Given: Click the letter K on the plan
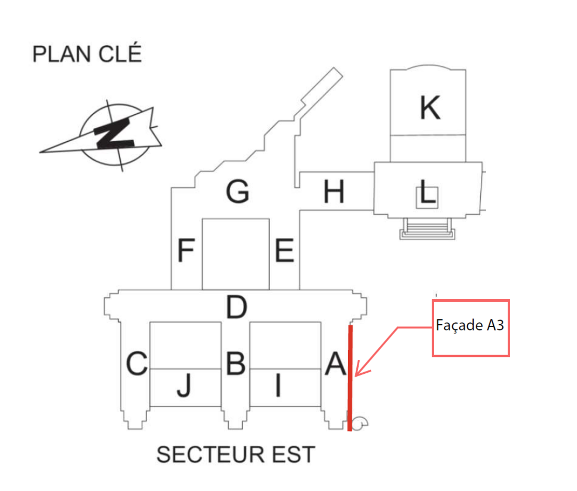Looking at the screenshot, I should click(x=429, y=108).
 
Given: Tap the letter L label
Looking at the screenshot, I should click(x=427, y=193).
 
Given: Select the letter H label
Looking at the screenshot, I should click(x=334, y=192).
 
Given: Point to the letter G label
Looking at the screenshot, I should click(x=238, y=191).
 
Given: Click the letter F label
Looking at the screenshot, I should click(x=186, y=251).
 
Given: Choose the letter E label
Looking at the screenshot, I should click(x=284, y=251).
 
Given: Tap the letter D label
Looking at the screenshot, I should click(x=237, y=307).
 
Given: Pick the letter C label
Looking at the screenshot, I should click(x=137, y=364).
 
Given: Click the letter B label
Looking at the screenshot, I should click(x=236, y=363).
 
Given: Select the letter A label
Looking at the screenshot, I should click(x=335, y=364).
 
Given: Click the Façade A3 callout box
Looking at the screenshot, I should click(x=470, y=328).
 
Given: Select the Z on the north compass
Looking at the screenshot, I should click(x=114, y=133).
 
